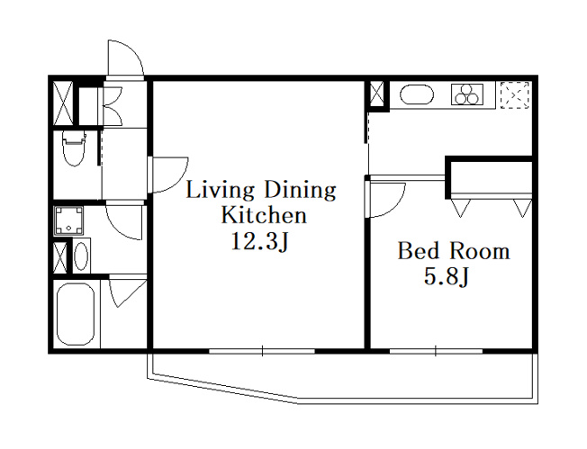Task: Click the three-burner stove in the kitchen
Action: click(467, 94)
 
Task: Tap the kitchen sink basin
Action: click(417, 94)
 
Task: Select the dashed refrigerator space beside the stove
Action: click(515, 95)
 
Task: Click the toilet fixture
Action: click(74, 147)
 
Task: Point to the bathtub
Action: click(76, 315)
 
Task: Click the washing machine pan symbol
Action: click(69, 220)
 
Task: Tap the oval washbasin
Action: click(81, 256)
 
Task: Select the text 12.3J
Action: click(260, 242)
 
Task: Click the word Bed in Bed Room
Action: click(418, 251)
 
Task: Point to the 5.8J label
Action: click(447, 277)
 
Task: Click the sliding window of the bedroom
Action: click(436, 351)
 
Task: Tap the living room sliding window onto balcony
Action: click(262, 351)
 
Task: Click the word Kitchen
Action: click(264, 216)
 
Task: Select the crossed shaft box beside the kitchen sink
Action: click(377, 94)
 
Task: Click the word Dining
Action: click(300, 192)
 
